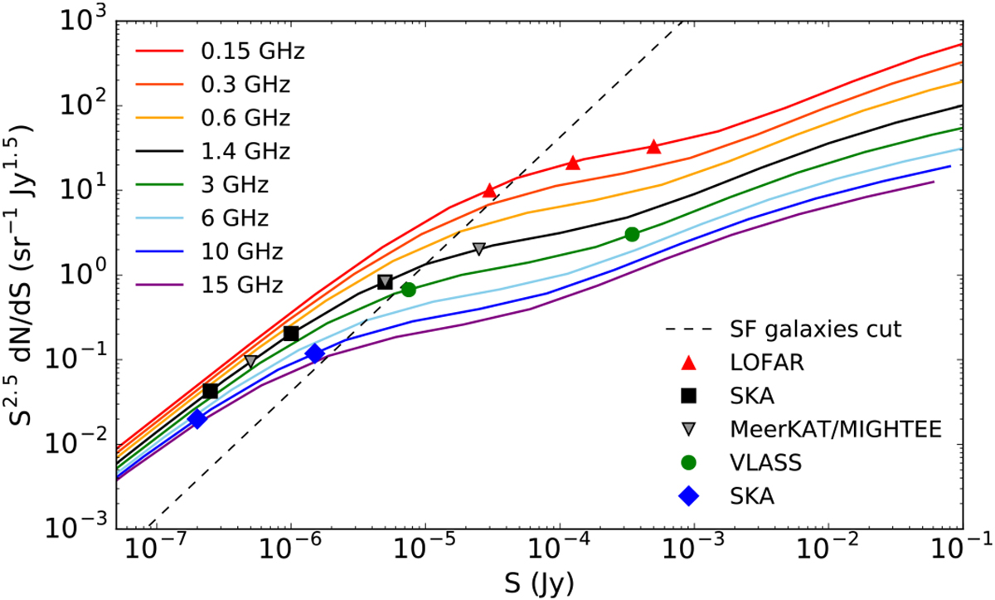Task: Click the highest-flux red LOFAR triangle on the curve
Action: point(653,147)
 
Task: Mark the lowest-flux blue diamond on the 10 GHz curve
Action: point(197,419)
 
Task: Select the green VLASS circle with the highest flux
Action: point(632,234)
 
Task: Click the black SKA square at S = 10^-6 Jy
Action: point(291,334)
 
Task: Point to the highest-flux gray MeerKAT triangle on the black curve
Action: point(478,249)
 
